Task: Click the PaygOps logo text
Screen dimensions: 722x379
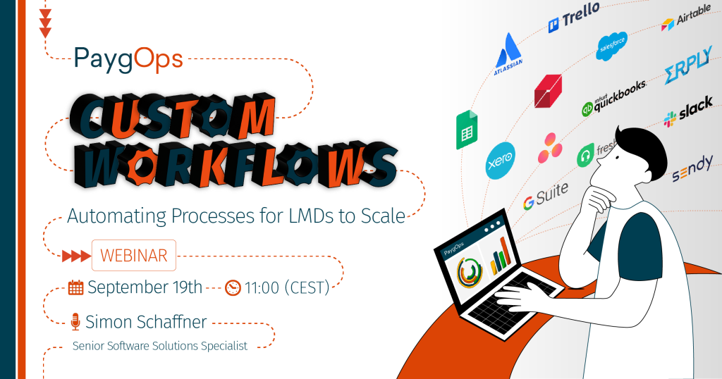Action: [128, 60]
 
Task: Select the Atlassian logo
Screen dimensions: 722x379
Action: [508, 54]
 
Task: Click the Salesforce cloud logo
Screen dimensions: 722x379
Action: [611, 46]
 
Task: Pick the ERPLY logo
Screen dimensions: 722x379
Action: [688, 66]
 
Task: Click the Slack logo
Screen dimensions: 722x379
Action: [688, 111]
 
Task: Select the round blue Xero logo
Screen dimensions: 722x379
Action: [501, 161]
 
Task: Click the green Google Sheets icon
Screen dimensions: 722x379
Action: [467, 130]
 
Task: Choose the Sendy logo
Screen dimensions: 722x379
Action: [692, 168]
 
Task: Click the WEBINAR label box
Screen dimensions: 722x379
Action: [134, 255]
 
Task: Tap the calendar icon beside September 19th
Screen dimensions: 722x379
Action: [75, 287]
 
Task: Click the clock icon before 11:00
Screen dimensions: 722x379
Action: [233, 288]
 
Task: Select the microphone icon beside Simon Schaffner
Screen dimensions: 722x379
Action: [75, 322]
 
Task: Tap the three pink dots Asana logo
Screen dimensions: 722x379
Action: [550, 148]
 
